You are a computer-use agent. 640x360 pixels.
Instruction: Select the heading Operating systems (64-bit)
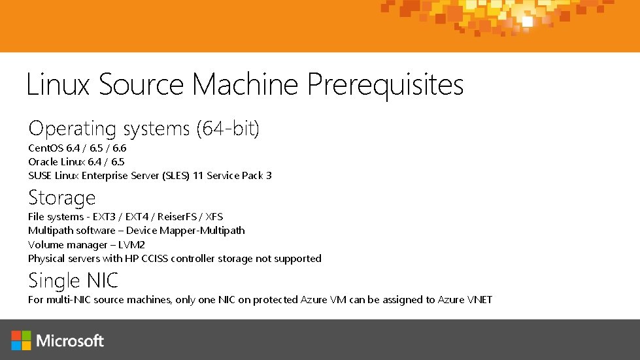(x=144, y=129)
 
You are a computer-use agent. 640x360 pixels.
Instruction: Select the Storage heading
(x=61, y=197)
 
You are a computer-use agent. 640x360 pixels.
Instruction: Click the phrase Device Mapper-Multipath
(x=186, y=230)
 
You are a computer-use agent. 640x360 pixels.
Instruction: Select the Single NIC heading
(x=73, y=281)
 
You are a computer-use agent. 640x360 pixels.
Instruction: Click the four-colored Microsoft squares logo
(x=21, y=340)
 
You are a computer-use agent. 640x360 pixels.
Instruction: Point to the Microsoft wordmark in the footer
(x=71, y=340)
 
